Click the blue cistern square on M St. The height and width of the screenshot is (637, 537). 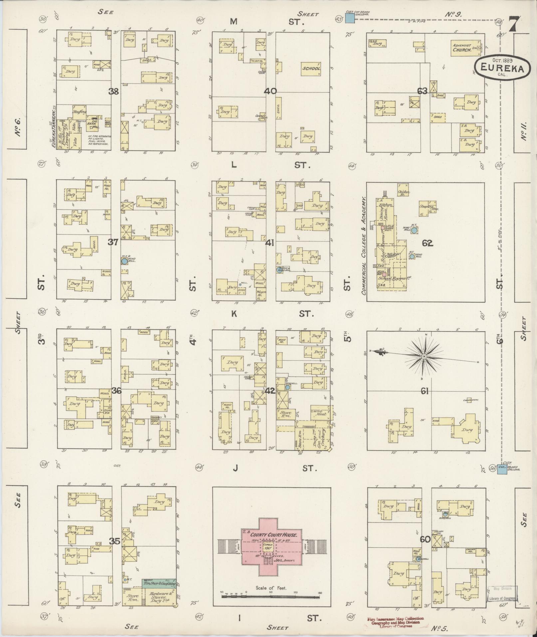tap(349, 19)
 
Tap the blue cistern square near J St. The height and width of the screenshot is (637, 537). tap(502, 470)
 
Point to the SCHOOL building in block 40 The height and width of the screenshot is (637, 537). tap(311, 69)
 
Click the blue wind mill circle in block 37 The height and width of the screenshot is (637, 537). tap(124, 261)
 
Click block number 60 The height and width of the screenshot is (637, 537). tap(425, 539)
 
